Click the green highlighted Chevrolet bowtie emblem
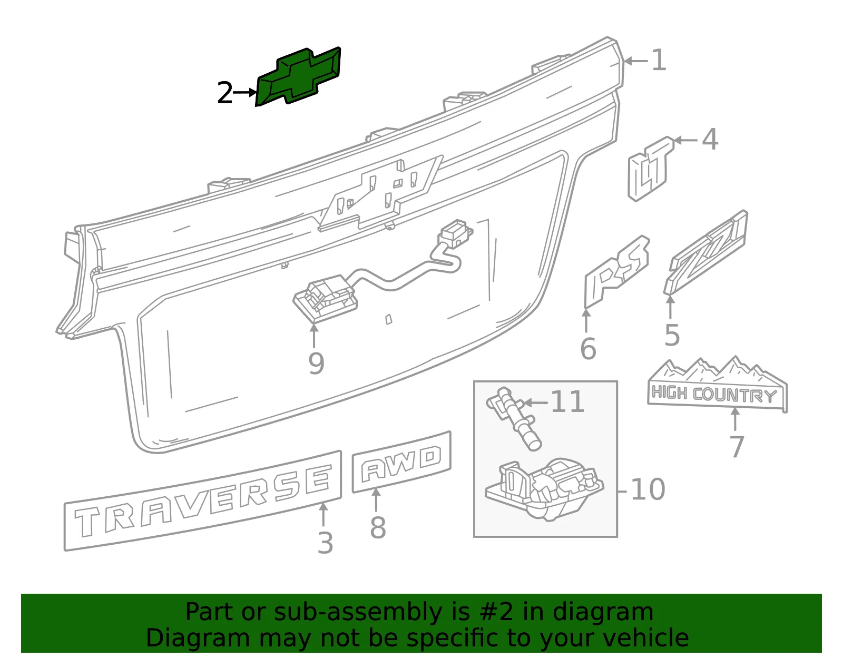[298, 77]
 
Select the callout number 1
[659, 60]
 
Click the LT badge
[650, 169]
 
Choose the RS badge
[616, 271]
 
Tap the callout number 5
[672, 335]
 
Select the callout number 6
[588, 349]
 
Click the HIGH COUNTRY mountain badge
[717, 385]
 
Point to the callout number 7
[737, 447]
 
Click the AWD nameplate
[401, 462]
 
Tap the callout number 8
[378, 528]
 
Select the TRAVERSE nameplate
[203, 500]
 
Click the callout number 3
[325, 543]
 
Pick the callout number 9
[316, 364]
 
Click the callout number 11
[567, 401]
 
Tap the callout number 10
[648, 489]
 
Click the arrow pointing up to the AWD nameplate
[376, 500]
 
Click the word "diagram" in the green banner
[603, 612]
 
